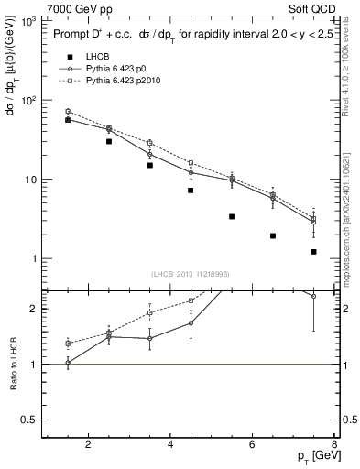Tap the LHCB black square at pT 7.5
313,252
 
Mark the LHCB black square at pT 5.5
232,217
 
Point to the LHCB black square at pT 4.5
191,191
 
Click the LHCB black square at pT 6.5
273,235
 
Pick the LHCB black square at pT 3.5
149,166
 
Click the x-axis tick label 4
171,445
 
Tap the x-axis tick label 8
335,445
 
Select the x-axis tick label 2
89,445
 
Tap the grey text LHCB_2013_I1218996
190,274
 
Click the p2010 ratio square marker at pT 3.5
149,313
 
